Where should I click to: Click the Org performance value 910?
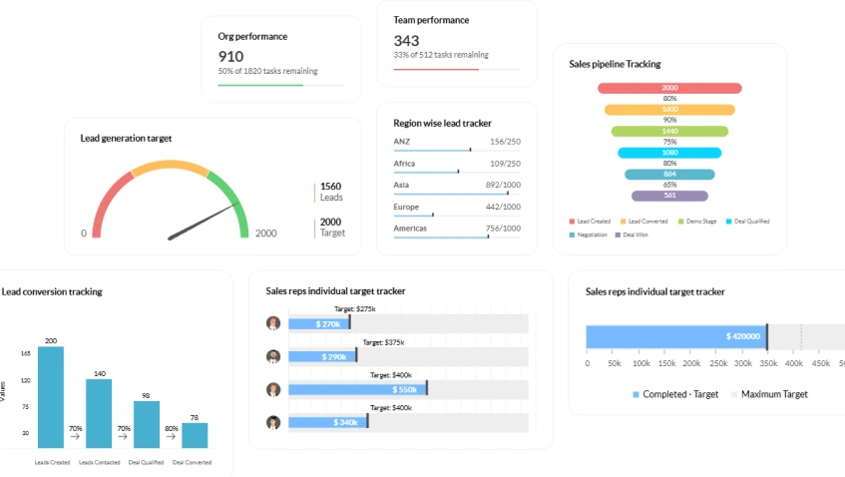[x=230, y=57]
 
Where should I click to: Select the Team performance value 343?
[x=406, y=41]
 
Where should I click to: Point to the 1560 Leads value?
[x=330, y=187]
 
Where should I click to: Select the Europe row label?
[x=407, y=207]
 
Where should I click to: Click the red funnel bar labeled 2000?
[x=669, y=88]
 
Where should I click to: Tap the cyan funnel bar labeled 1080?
[x=669, y=153]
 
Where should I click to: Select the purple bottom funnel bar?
[x=669, y=196]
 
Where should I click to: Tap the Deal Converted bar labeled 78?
[x=195, y=435]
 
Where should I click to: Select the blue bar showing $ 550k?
[x=357, y=389]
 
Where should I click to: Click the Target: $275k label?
[x=355, y=309]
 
